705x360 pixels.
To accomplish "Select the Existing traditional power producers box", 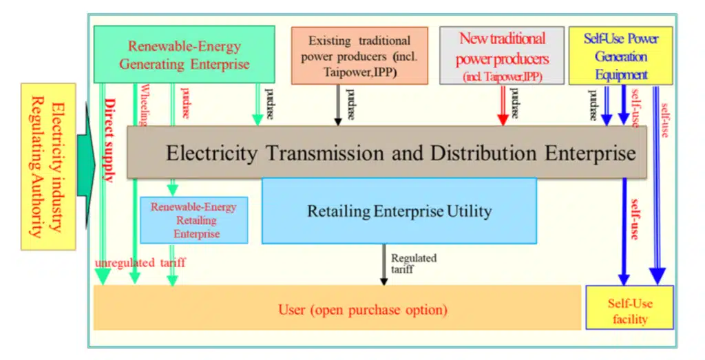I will pyautogui.click(x=359, y=56).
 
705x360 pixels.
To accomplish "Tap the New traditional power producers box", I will pyautogui.click(x=502, y=56).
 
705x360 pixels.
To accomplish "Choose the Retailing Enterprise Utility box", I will pyautogui.click(x=399, y=211).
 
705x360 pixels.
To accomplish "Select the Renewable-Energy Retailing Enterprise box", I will pyautogui.click(x=193, y=220).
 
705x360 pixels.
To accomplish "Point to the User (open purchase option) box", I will pyautogui.click(x=337, y=308).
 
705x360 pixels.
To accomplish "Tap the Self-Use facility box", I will pyautogui.click(x=629, y=308).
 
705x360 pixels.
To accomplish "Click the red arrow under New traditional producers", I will pyautogui.click(x=503, y=109).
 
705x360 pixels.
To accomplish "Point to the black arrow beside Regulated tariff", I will pyautogui.click(x=383, y=265).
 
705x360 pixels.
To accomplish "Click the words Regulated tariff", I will pyautogui.click(x=414, y=263).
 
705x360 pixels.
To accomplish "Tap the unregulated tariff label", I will pyautogui.click(x=141, y=262).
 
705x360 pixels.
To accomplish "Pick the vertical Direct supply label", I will pyautogui.click(x=109, y=142).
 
